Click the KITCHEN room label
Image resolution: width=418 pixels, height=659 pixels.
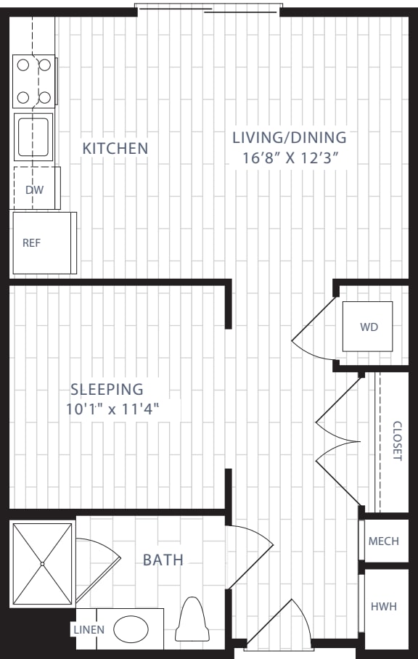point(115,148)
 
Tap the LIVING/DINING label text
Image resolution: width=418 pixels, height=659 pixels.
point(290,137)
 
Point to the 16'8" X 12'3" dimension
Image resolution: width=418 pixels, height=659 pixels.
point(290,158)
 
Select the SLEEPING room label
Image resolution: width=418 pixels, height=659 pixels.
point(107,389)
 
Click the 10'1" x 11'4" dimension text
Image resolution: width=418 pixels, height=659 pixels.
point(112,409)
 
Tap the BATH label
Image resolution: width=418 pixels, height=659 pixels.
point(163,560)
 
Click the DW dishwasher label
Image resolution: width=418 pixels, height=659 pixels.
point(34,190)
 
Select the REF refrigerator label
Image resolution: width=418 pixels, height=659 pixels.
point(31,243)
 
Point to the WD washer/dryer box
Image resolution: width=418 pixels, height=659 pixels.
point(368,327)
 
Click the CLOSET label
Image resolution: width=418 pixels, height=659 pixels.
point(397,441)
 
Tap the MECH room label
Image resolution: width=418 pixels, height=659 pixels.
point(384,541)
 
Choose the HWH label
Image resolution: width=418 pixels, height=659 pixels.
point(384,607)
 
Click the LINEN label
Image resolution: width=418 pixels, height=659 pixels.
point(89,629)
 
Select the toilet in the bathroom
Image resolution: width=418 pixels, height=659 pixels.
point(192,620)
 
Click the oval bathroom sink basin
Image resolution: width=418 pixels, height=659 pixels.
point(131,629)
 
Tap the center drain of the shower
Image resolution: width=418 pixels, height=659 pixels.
point(42,564)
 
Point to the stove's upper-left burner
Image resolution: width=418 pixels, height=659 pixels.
point(23,65)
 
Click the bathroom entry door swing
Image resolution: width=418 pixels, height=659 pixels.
point(250,557)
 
